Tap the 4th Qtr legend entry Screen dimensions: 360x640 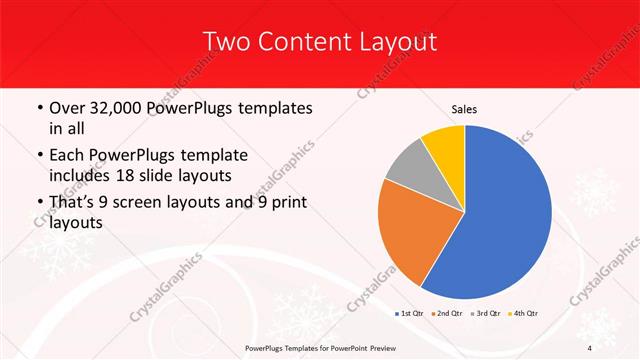pos(526,313)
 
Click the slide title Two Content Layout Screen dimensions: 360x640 pos(319,41)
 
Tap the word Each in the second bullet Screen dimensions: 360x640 pos(68,155)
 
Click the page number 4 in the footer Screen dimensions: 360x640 pos(590,348)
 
